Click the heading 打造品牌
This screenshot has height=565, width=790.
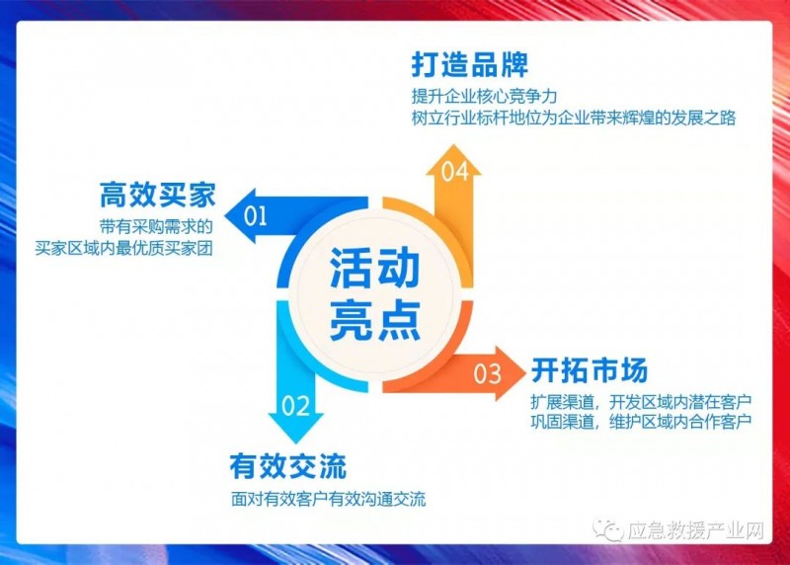[469, 65]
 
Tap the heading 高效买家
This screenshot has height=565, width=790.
[157, 194]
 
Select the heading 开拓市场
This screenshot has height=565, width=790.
[590, 371]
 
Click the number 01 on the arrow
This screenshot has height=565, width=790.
[255, 214]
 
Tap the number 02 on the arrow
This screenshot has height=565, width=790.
[296, 405]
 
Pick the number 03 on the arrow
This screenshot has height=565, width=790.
[488, 373]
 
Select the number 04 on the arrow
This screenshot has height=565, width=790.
[453, 172]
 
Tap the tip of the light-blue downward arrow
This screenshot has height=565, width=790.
[295, 441]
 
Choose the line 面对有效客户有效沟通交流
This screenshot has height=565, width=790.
[328, 500]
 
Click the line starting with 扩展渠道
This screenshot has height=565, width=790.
[641, 402]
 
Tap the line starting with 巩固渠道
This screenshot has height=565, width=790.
[641, 423]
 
